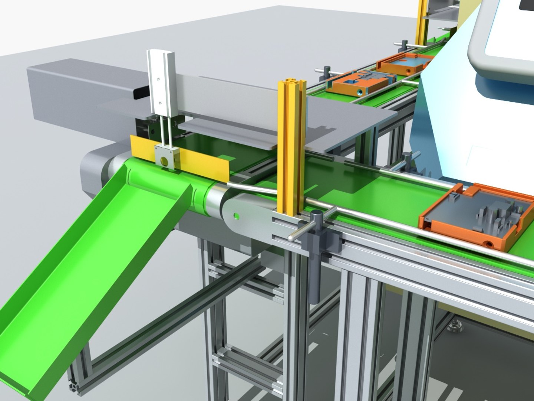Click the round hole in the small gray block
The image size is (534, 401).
click(x=164, y=160)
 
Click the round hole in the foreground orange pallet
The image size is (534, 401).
click(x=490, y=244)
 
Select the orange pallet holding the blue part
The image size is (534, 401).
click(x=404, y=63)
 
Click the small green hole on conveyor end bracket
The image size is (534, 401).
click(x=236, y=215)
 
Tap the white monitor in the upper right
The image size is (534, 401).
click(x=504, y=37)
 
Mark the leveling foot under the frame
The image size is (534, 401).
click(x=453, y=327)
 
